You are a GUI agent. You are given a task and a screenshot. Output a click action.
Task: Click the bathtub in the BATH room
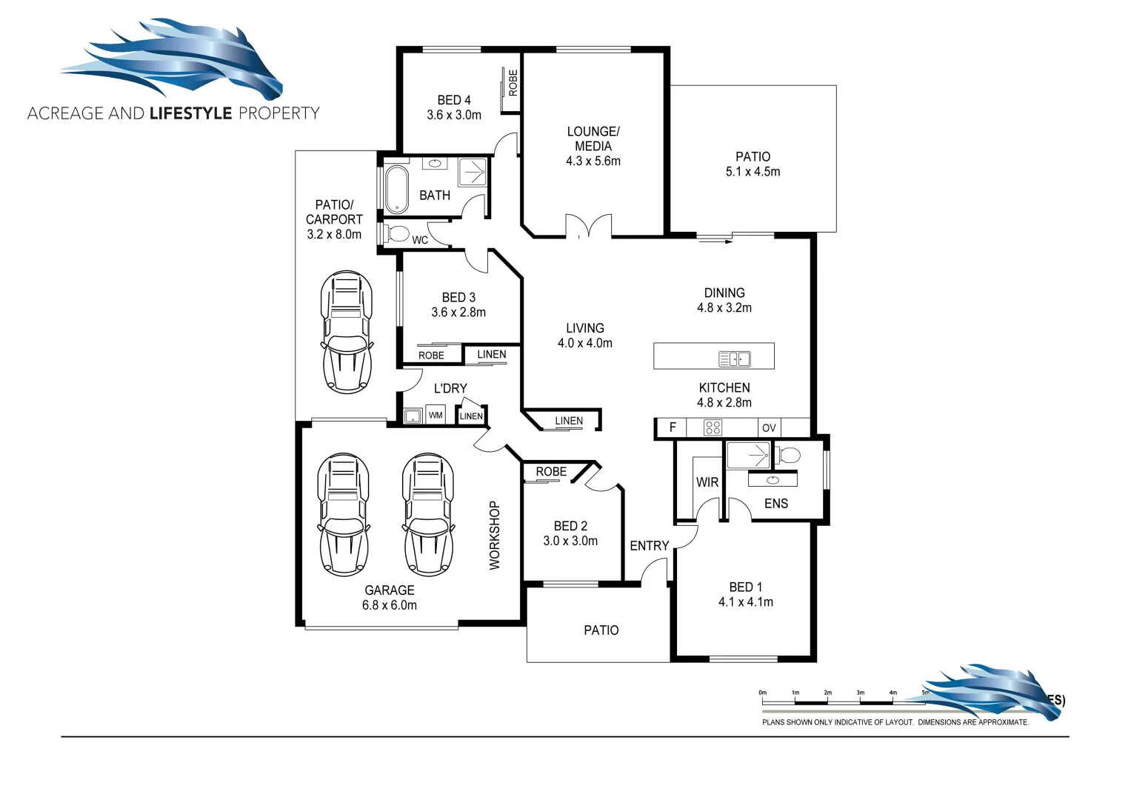click(x=396, y=189)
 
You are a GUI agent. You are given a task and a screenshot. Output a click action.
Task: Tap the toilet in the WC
click(x=398, y=234)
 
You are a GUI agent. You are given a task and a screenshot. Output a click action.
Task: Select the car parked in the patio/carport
click(x=346, y=331)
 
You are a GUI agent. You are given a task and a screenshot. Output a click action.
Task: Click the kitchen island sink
click(x=734, y=359)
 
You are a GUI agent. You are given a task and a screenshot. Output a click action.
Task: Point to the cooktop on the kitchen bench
click(x=713, y=427)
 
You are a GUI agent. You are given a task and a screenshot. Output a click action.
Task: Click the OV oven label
click(x=769, y=428)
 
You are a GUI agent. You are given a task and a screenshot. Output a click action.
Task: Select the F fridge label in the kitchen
click(x=673, y=427)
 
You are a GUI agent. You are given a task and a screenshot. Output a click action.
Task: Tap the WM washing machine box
click(x=436, y=416)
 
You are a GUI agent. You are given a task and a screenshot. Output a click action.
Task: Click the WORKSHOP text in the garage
click(x=495, y=535)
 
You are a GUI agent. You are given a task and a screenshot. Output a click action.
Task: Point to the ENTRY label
click(x=649, y=546)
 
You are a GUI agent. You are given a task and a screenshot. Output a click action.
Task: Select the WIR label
click(x=707, y=482)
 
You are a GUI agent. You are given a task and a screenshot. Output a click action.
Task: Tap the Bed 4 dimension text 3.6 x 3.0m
click(x=454, y=116)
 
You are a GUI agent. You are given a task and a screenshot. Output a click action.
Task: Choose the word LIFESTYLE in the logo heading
click(x=191, y=113)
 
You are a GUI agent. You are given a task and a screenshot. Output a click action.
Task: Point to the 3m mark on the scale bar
click(x=860, y=693)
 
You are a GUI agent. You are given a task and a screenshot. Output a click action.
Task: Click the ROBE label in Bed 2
click(x=551, y=472)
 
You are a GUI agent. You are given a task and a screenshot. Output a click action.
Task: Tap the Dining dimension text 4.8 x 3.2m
click(x=724, y=308)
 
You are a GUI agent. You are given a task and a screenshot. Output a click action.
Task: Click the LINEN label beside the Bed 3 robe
click(x=492, y=355)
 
